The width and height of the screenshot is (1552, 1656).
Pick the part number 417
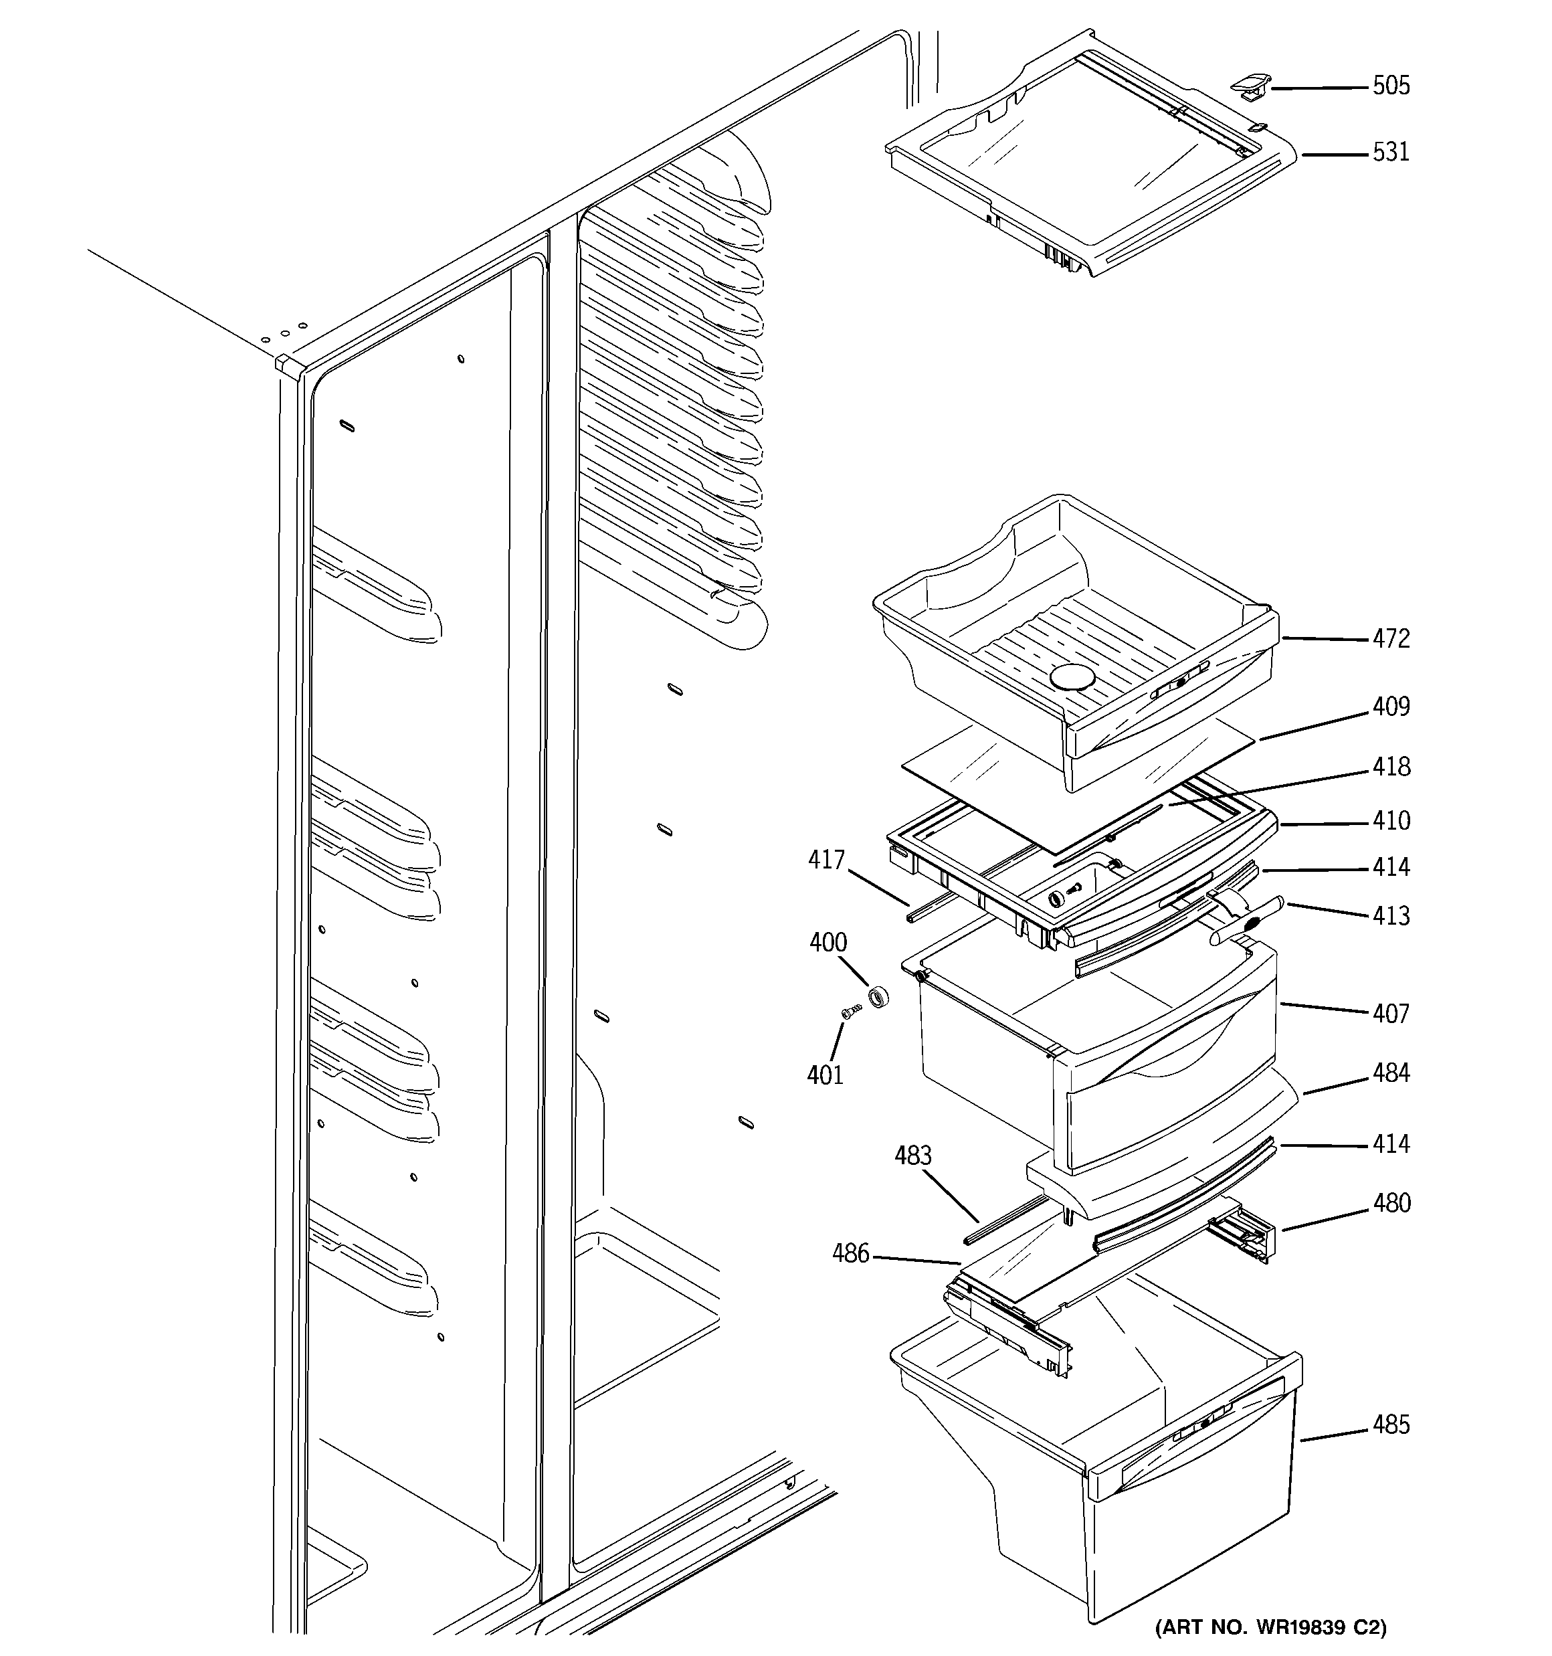pyautogui.click(x=826, y=860)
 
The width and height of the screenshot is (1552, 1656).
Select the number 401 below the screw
pyautogui.click(x=825, y=1075)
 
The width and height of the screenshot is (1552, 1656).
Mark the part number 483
pyautogui.click(x=913, y=1156)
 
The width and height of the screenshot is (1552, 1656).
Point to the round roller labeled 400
pyautogui.click(x=878, y=996)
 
